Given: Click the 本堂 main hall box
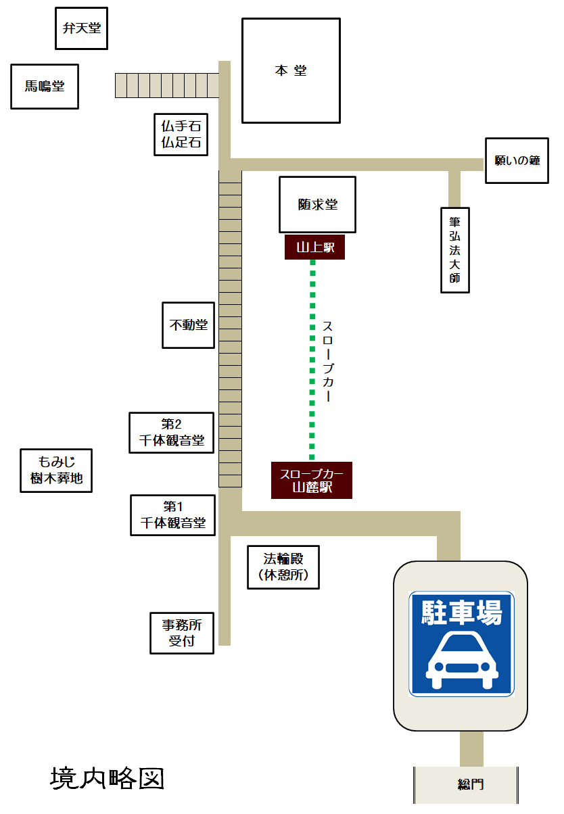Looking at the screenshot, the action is (291, 70).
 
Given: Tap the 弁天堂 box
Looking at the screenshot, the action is (81, 28).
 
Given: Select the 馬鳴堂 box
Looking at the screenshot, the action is (45, 87).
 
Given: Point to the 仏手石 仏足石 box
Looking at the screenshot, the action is (181, 135).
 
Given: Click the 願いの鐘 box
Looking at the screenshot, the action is (517, 160).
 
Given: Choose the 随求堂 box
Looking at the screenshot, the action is (317, 205).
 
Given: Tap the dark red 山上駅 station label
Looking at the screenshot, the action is (314, 247).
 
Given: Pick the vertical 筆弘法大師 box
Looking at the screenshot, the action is (455, 250).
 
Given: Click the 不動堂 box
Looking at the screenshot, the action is (188, 325).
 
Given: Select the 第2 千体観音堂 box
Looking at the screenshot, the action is (172, 433).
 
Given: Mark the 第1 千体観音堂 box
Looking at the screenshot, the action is (172, 515).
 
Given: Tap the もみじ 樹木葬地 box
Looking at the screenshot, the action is (56, 471).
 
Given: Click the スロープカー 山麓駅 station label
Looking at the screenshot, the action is (312, 480).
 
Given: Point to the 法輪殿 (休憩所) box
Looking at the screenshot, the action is (283, 567).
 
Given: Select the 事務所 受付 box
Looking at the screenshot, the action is (182, 633).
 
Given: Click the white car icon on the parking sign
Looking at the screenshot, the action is (461, 660).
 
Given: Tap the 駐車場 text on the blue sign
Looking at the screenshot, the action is (461, 613).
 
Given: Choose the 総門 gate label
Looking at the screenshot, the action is (470, 784).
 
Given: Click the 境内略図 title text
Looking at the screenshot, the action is (108, 778).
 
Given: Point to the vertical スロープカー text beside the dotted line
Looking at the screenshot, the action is (327, 361).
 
